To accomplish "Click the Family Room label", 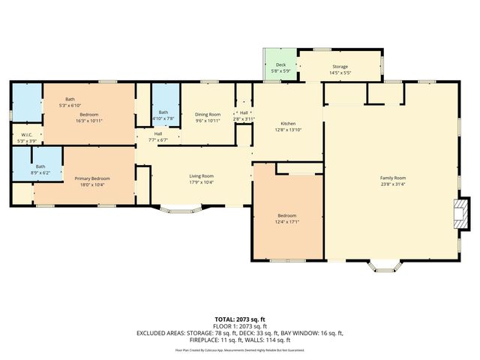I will coord(392,178).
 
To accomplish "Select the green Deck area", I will coord(280,66).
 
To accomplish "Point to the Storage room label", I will coord(340,67).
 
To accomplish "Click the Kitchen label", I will coord(289,124).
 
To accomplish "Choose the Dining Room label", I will coord(208,114).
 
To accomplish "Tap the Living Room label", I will coord(201,175).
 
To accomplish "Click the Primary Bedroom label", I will coord(92,178).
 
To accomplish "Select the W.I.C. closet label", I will coord(25,135).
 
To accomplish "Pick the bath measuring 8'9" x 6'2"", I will coord(40,172).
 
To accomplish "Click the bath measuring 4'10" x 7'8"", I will coord(163,118).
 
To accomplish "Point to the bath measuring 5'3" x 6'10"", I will coord(70,105).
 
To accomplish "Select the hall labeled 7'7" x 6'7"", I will coord(158,139).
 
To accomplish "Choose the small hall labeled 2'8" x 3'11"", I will coord(244,118).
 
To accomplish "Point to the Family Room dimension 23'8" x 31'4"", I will coord(392,184).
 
